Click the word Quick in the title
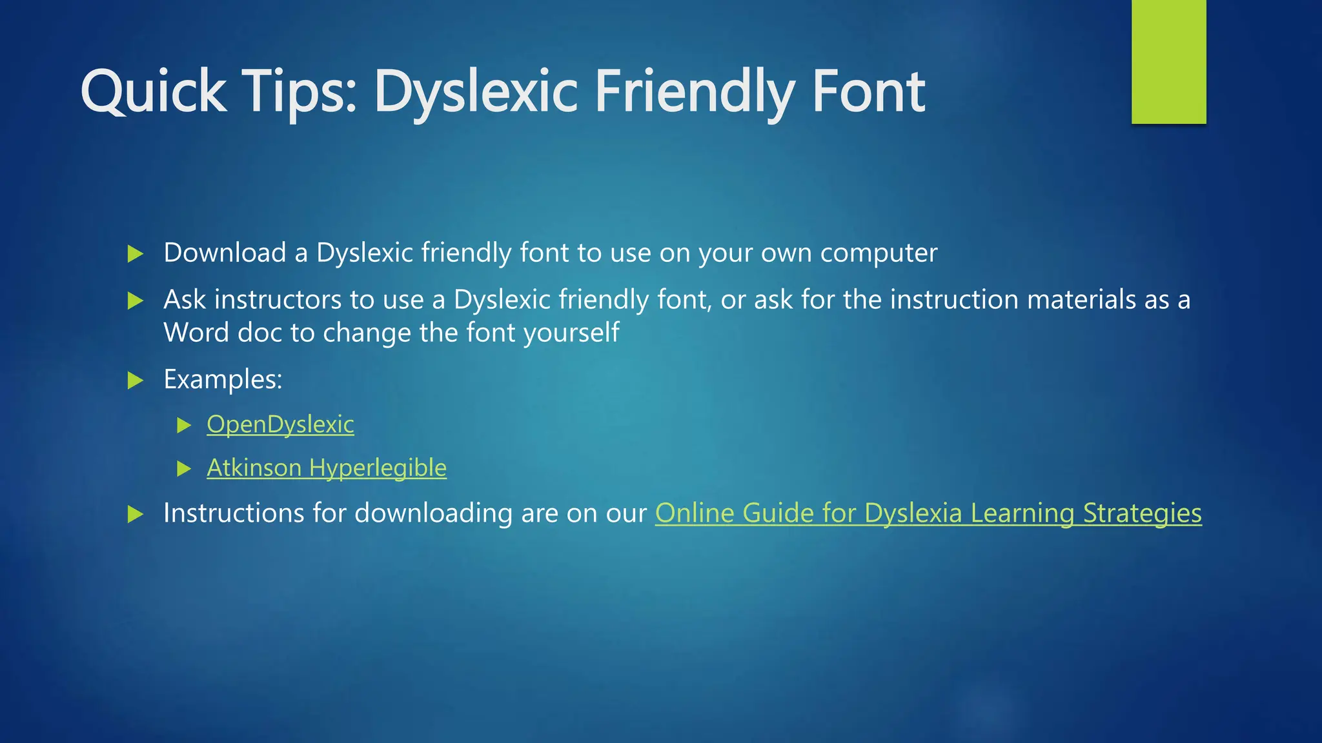[154, 92]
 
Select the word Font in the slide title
[868, 92]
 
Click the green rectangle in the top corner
[1168, 61]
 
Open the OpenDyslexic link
[280, 424]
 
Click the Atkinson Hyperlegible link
[327, 468]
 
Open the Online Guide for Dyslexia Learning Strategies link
[928, 513]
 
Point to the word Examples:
[223, 379]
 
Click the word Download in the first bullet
[225, 253]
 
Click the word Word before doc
[196, 333]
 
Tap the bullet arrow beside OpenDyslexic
[184, 425]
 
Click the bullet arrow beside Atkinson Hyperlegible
[184, 468]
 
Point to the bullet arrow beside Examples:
[135, 380]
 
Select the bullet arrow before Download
[135, 253]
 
